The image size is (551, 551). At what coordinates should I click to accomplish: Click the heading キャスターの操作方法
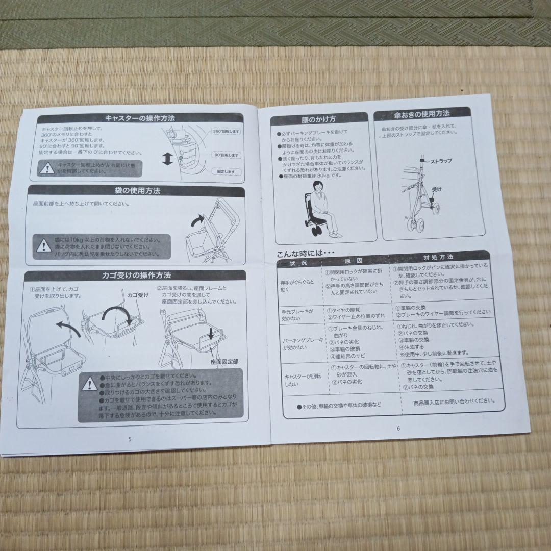click(140, 118)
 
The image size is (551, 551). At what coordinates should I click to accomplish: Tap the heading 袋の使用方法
click(138, 191)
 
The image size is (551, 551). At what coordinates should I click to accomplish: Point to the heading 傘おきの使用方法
click(429, 114)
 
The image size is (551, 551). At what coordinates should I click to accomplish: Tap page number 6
click(398, 429)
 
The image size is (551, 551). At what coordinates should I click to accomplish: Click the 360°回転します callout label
click(226, 131)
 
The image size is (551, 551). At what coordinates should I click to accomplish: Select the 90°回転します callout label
click(226, 155)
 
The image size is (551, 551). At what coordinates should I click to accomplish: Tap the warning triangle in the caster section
click(47, 167)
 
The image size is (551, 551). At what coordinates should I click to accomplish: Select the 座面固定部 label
click(224, 360)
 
